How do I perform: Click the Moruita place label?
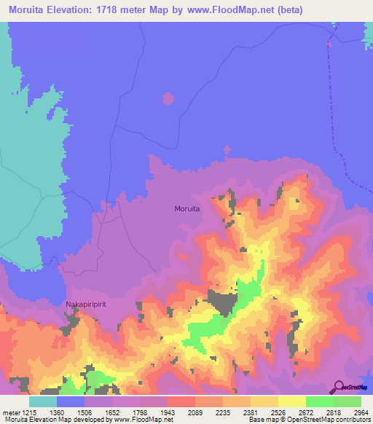tap(187, 208)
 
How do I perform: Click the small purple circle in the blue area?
tap(168, 98)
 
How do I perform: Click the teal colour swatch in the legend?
tap(43, 401)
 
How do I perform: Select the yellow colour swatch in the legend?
tap(292, 401)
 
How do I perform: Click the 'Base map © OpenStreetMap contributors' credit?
tap(310, 420)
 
